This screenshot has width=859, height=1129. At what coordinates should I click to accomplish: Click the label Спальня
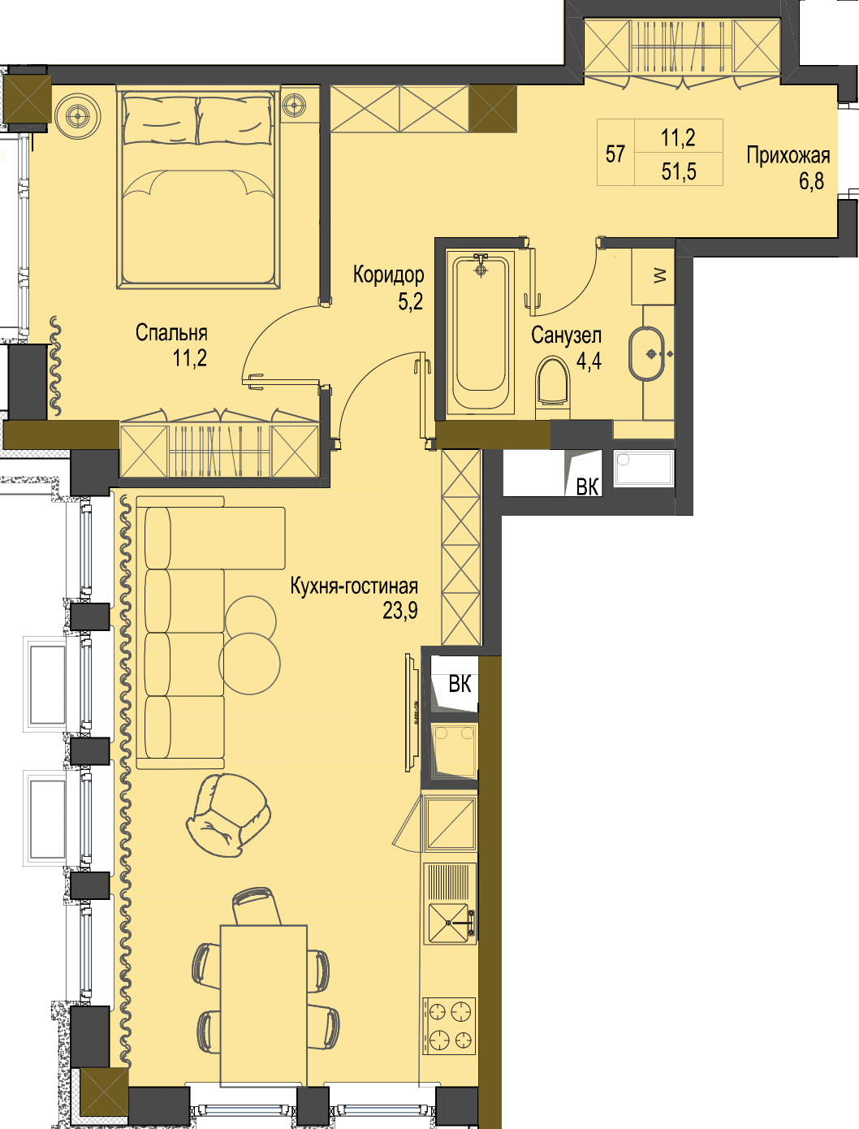pyautogui.click(x=171, y=333)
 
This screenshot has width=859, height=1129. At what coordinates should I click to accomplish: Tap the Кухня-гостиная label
pyautogui.click(x=354, y=586)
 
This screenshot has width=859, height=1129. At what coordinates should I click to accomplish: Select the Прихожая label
pyautogui.click(x=788, y=155)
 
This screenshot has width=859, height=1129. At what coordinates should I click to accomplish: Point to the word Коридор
pyautogui.click(x=389, y=275)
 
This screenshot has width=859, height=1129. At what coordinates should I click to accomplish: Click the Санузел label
pyautogui.click(x=566, y=335)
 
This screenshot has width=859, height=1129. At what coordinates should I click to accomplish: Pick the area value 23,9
pyautogui.click(x=400, y=611)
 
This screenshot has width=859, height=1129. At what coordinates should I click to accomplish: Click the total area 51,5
pyautogui.click(x=679, y=171)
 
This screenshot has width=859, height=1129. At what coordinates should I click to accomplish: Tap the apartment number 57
pyautogui.click(x=615, y=154)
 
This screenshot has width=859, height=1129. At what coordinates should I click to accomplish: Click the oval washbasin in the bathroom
pyautogui.click(x=647, y=354)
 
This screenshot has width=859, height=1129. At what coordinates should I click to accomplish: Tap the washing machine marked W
pyautogui.click(x=653, y=275)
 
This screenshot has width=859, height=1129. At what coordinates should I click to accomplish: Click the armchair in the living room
pyautogui.click(x=227, y=815)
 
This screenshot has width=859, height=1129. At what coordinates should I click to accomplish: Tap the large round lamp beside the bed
pyautogui.click(x=78, y=116)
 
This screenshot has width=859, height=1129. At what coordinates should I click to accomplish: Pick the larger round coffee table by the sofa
pyautogui.click(x=249, y=664)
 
